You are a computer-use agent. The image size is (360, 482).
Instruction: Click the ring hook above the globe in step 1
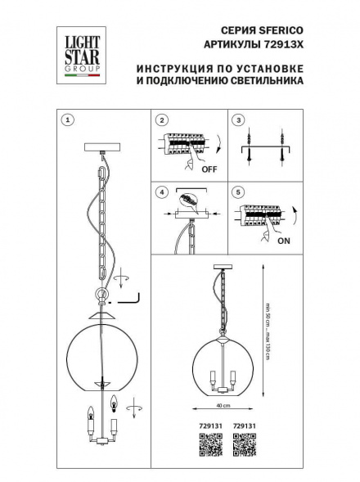(101, 296)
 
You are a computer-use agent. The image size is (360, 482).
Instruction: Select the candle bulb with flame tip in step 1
(113, 403)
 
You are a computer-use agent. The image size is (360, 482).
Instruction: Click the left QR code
(212, 446)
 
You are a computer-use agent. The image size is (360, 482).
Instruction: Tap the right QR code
(244, 446)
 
